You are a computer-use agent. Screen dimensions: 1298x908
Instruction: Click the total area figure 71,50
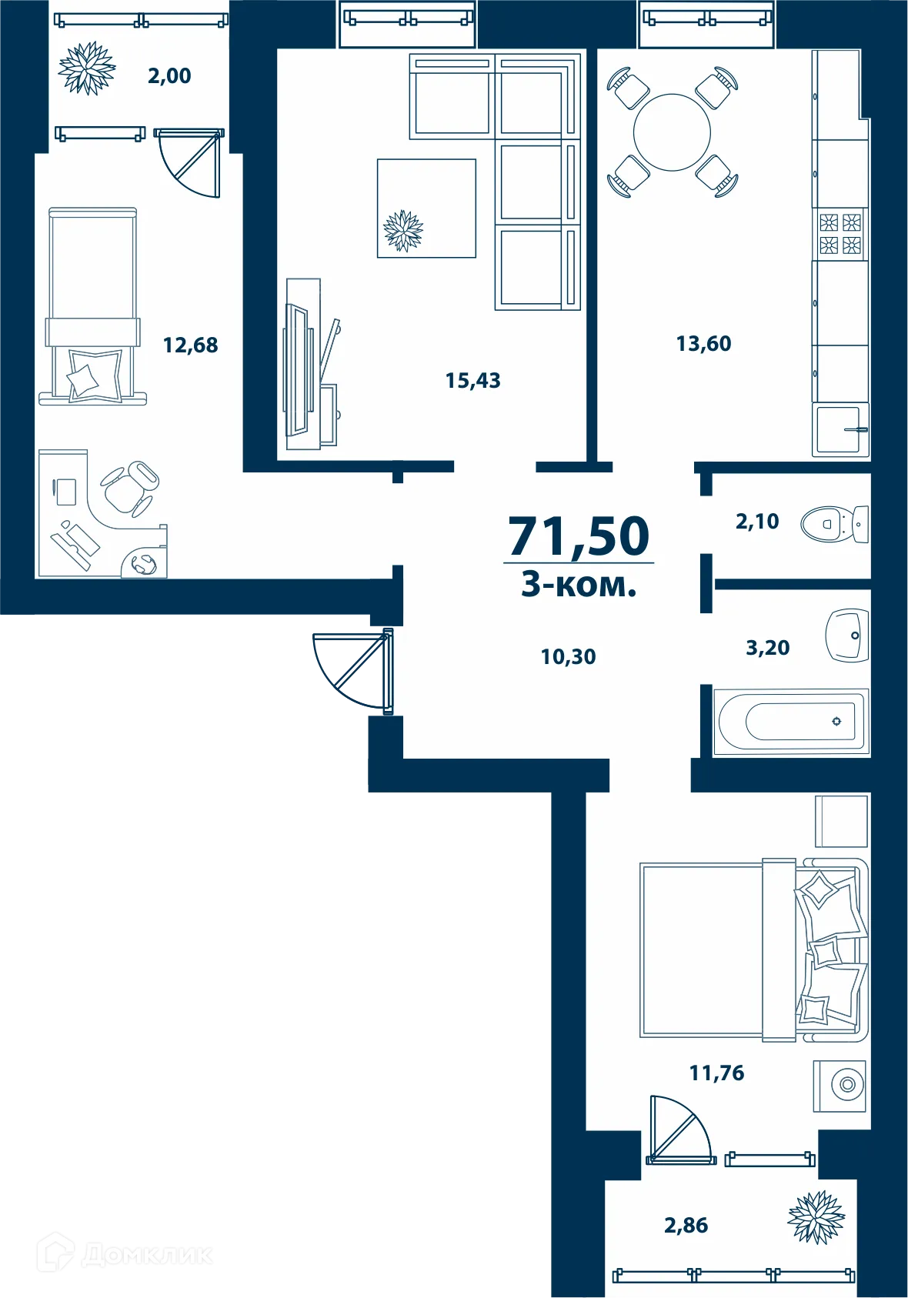coord(579,536)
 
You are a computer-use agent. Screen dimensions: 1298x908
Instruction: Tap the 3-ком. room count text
coord(579,585)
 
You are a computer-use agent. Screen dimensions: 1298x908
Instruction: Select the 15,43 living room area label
coord(472,381)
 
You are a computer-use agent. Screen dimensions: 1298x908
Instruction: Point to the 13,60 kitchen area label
coord(703,344)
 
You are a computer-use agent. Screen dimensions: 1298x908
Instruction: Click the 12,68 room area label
coord(190,345)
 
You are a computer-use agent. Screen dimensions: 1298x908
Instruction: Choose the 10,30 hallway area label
coord(568,657)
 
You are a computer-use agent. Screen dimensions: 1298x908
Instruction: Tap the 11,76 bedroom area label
coord(716,1073)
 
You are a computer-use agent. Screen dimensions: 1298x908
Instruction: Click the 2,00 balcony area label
coord(169,76)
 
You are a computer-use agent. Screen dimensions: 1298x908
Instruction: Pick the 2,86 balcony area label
coord(686,1226)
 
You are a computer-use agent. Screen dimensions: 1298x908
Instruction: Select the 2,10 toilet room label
coord(757,522)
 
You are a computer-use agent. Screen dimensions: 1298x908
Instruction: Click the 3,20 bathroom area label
coord(767,648)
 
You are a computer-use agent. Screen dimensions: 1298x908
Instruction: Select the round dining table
coord(672,132)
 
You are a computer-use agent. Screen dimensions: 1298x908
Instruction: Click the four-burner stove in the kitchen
coord(840,234)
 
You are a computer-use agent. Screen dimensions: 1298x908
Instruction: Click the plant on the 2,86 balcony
coord(816,1217)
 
